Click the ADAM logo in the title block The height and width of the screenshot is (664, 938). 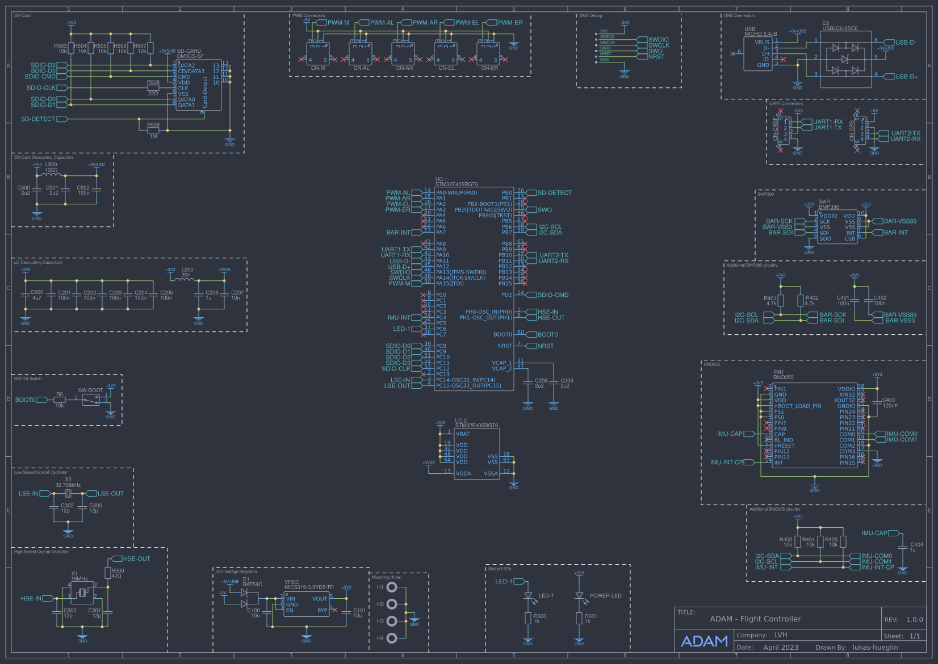pos(704,641)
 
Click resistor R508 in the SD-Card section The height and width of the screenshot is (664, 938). pos(153,88)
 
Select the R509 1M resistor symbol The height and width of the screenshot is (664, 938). pos(153,130)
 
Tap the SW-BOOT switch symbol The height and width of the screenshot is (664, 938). pos(91,400)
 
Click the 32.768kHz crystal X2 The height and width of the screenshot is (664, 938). pos(68,494)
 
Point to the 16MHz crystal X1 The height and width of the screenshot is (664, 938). pos(82,593)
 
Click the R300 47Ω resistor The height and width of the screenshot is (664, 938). pos(108,573)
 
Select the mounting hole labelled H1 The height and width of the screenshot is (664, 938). pos(392,587)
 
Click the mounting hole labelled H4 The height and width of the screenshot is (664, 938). pos(392,638)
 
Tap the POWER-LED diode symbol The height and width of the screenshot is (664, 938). pos(579,596)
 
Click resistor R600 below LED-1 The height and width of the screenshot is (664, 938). pos(528,619)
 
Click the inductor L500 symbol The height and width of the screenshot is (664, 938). pos(51,175)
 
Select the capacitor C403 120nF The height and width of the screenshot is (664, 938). pos(877,402)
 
